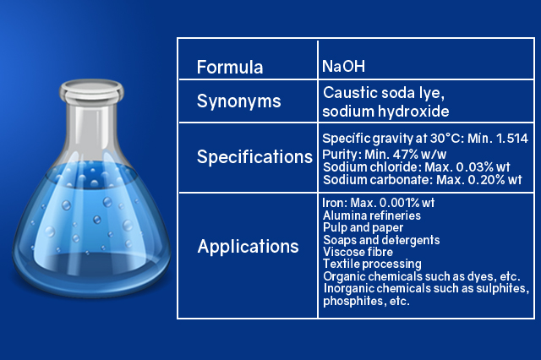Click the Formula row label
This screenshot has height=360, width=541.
pyautogui.click(x=230, y=67)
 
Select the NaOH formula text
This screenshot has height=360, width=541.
pyautogui.click(x=343, y=66)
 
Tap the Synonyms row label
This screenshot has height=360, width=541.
pyautogui.click(x=238, y=101)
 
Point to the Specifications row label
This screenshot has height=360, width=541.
pyautogui.click(x=254, y=157)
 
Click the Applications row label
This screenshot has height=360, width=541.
pyautogui.click(x=248, y=247)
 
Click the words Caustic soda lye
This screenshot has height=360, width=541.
pyautogui.click(x=384, y=93)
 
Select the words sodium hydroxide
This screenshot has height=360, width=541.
pyautogui.click(x=385, y=112)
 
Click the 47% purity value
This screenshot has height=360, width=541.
pyautogui.click(x=406, y=154)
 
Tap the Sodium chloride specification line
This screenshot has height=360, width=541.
pyautogui.click(x=417, y=166)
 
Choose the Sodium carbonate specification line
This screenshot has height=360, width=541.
pyautogui.click(x=423, y=180)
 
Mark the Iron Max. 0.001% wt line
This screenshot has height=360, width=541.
pyautogui.click(x=378, y=203)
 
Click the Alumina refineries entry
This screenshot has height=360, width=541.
pyautogui.click(x=372, y=215)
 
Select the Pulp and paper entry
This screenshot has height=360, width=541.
pyautogui.click(x=363, y=227)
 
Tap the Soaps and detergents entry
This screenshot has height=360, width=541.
pyautogui.click(x=381, y=240)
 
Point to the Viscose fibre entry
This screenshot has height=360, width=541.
pyautogui.click(x=358, y=252)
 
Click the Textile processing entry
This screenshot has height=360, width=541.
pyautogui.click(x=372, y=265)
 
